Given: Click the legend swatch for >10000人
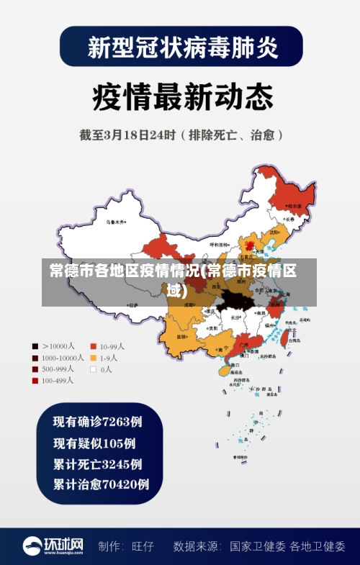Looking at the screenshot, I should (35, 345).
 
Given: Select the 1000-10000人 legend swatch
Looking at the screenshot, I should (35, 357).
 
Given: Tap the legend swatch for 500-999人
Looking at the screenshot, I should (35, 369).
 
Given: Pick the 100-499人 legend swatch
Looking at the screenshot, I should (35, 380).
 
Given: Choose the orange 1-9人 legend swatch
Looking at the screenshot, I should (93, 357).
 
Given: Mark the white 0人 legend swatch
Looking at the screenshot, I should (93, 369).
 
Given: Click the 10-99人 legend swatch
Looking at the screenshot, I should (93, 345).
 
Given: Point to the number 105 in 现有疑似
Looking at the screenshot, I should (114, 443).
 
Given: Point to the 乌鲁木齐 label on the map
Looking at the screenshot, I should (115, 222).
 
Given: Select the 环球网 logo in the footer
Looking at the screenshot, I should (53, 546).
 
